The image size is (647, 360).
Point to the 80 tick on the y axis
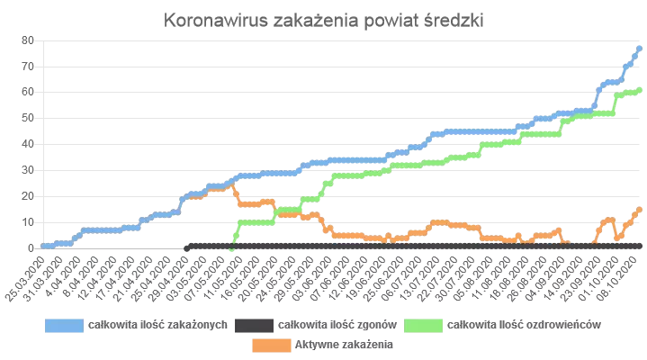(28, 40)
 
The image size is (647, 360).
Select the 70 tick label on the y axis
(28, 67)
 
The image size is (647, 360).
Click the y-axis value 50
(28, 118)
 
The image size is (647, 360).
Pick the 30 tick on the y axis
(28, 170)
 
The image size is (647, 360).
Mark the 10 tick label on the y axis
(28, 221)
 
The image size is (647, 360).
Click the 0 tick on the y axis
(31, 247)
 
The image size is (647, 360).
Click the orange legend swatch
(271, 344)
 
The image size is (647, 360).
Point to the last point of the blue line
(639, 48)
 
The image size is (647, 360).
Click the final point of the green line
(639, 89)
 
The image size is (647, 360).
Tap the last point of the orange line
(639, 209)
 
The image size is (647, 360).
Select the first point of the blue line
(41, 245)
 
